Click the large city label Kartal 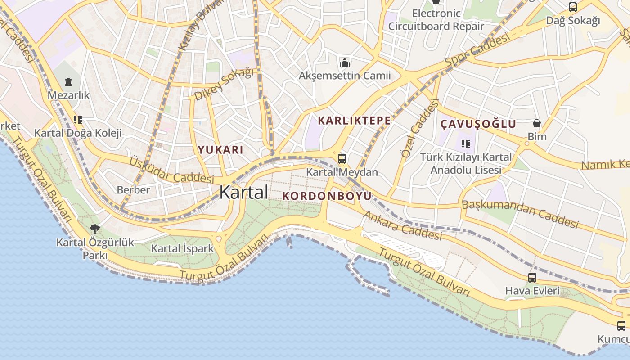[243, 192]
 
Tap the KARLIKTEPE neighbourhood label [354, 121]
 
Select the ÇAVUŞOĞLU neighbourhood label [478, 124]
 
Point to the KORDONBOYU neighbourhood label [327, 196]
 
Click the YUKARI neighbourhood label [220, 150]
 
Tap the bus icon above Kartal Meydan [342, 158]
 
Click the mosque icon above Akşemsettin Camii [345, 62]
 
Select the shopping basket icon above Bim [536, 123]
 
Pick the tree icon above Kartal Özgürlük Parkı [95, 229]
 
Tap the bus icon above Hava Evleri [532, 278]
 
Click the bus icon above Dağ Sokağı [572, 7]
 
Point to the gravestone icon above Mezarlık [68, 82]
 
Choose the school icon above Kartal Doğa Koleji [78, 120]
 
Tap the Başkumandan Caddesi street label [520, 214]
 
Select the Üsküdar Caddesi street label [171, 170]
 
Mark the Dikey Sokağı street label [224, 84]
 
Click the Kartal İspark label [182, 248]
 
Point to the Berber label [133, 190]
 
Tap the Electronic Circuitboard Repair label [436, 20]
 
